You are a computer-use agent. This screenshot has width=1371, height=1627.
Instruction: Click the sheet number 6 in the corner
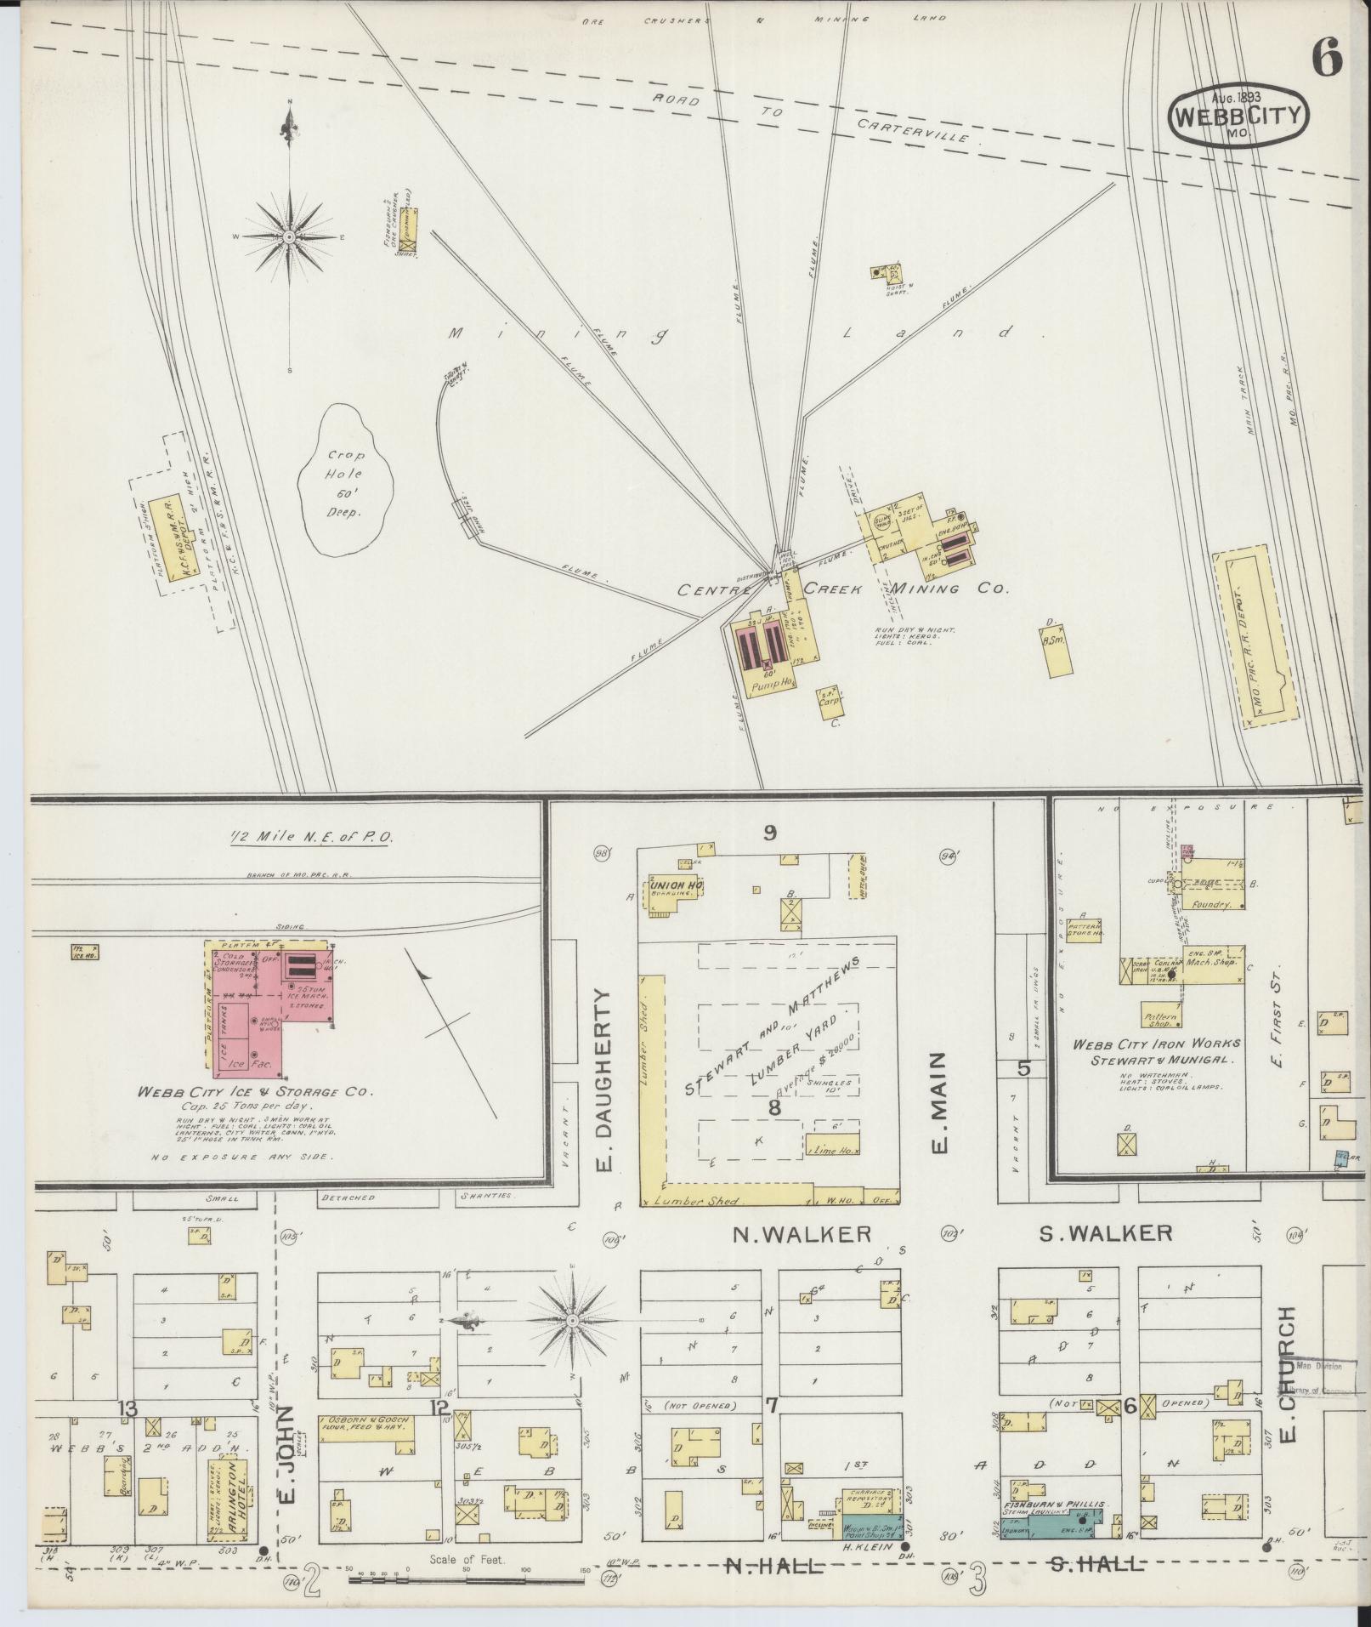click(x=1326, y=58)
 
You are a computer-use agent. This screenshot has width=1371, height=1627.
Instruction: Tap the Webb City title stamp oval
click(x=1239, y=117)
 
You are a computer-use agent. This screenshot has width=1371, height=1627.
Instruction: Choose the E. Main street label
click(x=940, y=1103)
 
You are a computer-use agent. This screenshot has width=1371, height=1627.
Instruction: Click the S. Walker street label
click(x=1107, y=1232)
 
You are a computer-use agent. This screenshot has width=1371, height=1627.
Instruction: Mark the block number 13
click(x=128, y=1408)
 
